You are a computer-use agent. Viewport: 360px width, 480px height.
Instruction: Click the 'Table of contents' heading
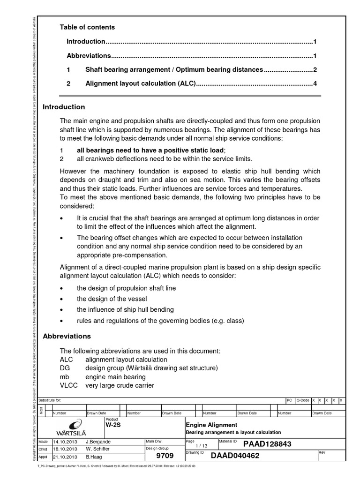pos(87,27)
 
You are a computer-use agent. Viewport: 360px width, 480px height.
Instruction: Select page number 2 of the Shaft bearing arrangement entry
pos(315,70)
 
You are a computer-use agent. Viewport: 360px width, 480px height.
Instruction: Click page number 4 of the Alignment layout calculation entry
pos(315,84)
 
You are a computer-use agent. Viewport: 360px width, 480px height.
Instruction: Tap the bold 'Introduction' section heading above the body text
pos(64,107)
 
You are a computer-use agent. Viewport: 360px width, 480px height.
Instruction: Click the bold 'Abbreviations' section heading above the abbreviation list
pos(67,336)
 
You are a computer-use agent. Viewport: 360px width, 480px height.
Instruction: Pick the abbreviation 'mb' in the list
pos(64,377)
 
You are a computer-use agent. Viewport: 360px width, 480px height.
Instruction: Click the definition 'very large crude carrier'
pos(120,386)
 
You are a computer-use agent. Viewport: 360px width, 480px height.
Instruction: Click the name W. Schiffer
pos(99,449)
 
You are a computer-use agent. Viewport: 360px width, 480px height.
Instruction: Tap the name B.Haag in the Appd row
pos(95,456)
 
